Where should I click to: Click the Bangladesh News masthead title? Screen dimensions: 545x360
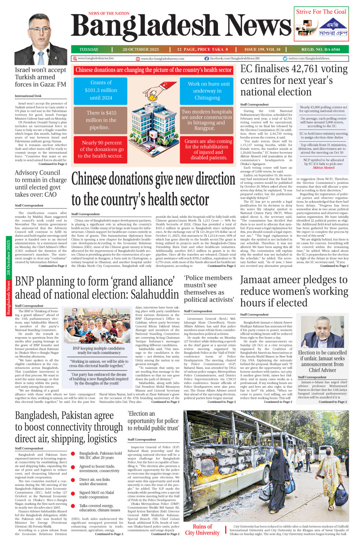(x=181, y=28)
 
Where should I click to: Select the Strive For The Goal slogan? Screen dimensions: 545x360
(x=321, y=12)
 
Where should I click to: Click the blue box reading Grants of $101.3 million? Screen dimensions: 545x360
(x=101, y=90)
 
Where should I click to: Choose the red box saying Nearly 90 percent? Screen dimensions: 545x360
(x=102, y=149)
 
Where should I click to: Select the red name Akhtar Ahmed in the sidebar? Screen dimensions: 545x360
(x=323, y=167)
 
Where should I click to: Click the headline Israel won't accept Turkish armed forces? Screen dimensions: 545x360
(x=41, y=77)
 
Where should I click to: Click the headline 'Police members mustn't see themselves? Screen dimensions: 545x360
(x=209, y=289)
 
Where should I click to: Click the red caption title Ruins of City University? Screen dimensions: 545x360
(x=202, y=530)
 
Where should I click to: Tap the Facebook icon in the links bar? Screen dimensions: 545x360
(x=207, y=59)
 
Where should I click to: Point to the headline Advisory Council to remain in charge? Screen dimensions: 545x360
(x=41, y=183)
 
